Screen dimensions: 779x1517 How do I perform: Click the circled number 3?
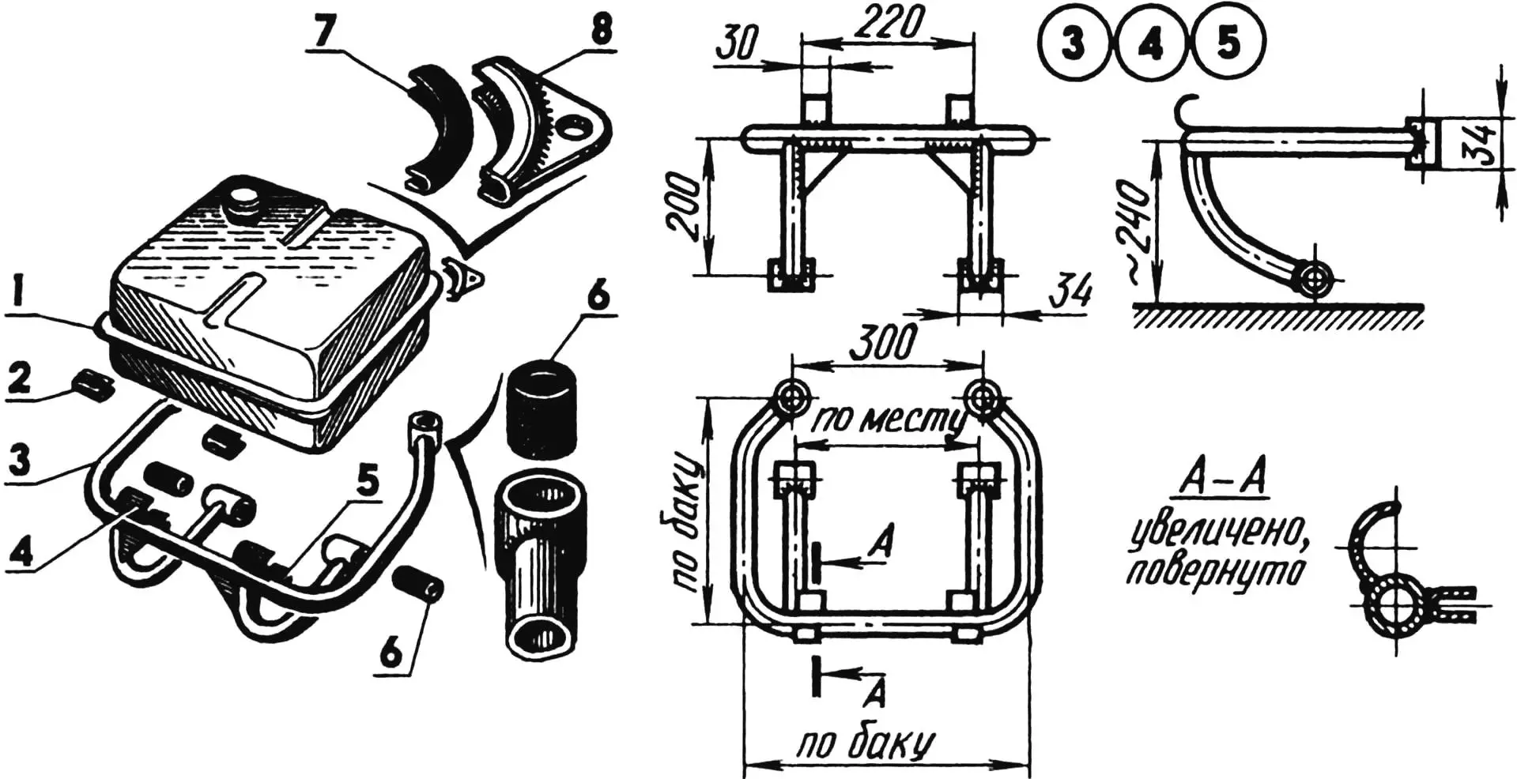(1073, 43)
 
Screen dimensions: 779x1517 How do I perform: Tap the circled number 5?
(1228, 43)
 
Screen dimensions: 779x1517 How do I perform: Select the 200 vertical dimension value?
(684, 207)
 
